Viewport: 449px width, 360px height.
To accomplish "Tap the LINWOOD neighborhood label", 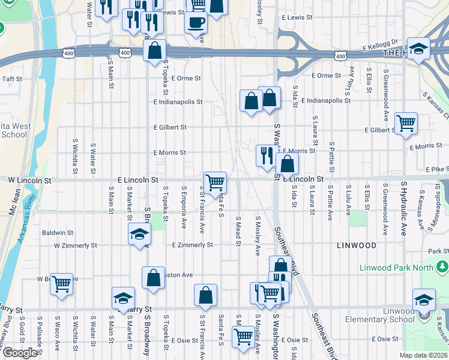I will click(x=357, y=246).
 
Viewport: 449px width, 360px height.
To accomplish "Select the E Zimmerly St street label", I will click(x=192, y=245).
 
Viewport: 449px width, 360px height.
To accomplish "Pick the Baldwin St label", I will click(x=57, y=232).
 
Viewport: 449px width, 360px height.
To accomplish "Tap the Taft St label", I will click(x=12, y=79).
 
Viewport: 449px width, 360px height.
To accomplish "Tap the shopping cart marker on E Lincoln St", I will click(x=214, y=182).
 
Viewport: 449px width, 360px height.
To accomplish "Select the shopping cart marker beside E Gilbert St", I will click(x=406, y=123).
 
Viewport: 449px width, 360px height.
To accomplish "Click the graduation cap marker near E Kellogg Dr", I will click(x=418, y=48).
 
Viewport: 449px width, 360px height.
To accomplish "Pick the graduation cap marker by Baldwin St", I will click(x=139, y=234).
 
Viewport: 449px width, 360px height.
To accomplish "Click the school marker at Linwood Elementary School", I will click(x=424, y=299).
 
